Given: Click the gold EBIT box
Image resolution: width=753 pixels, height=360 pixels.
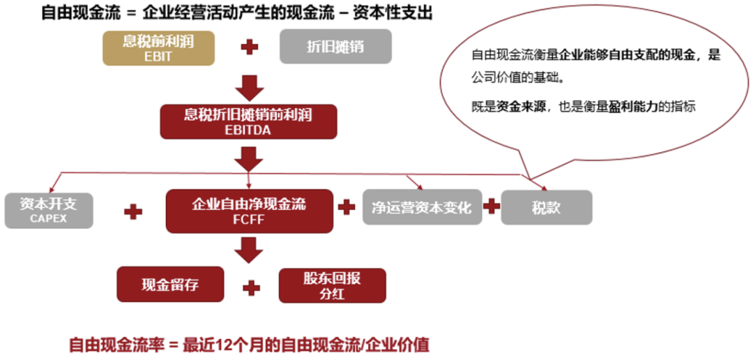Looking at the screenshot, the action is click(158, 47).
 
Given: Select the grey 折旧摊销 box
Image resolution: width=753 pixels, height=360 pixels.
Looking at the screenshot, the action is click(335, 47).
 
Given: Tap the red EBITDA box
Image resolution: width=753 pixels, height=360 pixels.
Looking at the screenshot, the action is click(248, 121).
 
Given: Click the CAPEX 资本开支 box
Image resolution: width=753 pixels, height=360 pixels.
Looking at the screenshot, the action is click(49, 211).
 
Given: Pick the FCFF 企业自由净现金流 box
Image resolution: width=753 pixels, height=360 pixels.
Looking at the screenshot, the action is click(249, 211).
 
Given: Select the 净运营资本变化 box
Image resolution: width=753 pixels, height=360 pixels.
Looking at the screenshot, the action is click(422, 207).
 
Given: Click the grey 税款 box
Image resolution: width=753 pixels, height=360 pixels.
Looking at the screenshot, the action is click(547, 207).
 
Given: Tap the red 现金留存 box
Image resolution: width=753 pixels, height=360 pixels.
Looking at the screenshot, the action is click(171, 284).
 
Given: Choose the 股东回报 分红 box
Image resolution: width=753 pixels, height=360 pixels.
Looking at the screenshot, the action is click(333, 285).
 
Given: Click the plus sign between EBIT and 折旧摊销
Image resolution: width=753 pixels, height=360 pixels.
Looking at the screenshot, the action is click(249, 47).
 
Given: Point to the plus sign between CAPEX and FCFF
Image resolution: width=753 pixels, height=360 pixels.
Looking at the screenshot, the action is click(133, 211).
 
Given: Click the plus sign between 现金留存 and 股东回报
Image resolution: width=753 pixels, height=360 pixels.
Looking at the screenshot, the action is click(251, 287).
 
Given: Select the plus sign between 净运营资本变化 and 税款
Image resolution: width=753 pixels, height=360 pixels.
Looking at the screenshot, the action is click(492, 207).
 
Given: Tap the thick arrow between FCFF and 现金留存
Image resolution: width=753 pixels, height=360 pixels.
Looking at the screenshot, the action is click(249, 250).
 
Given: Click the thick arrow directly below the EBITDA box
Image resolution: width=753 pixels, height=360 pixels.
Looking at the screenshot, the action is click(249, 159).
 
